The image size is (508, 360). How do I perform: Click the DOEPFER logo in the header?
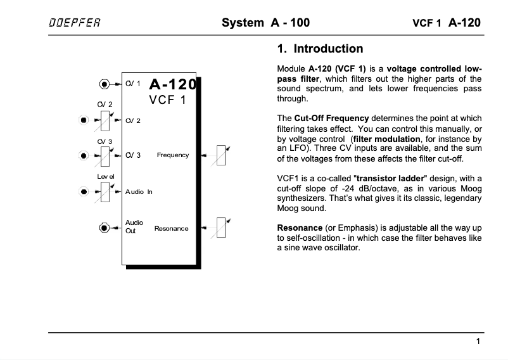point(74,23)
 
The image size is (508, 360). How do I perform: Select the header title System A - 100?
point(265,23)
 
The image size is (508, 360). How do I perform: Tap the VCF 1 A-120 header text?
point(446,23)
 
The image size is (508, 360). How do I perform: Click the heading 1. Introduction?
point(321,49)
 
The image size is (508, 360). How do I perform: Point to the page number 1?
point(478,342)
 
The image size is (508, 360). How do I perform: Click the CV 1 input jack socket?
point(105,84)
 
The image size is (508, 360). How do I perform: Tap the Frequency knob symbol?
point(221,155)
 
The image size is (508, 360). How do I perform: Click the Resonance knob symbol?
point(221,228)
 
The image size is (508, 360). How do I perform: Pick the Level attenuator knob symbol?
point(106,191)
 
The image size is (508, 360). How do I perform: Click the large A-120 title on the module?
point(173,85)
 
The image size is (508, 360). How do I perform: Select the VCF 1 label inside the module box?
point(167,101)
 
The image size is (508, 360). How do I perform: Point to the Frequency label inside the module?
point(173,155)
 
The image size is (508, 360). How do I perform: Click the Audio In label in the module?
point(139,191)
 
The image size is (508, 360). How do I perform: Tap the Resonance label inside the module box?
point(171,228)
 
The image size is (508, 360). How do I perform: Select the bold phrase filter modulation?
point(388,138)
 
